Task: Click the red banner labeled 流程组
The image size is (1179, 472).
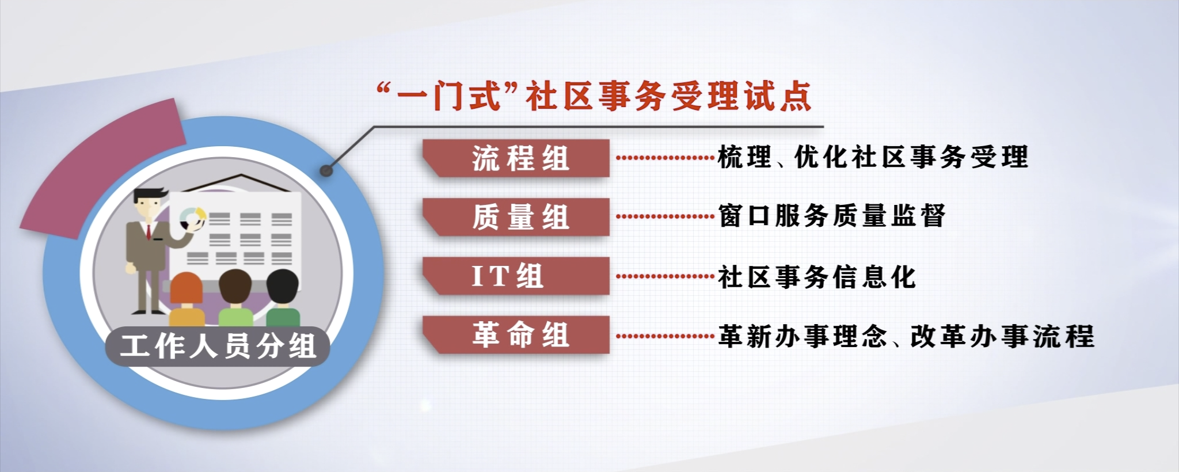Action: pyautogui.click(x=516, y=158)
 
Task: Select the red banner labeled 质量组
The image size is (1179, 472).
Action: pyautogui.click(x=516, y=217)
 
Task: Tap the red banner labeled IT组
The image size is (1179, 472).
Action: pyautogui.click(x=516, y=276)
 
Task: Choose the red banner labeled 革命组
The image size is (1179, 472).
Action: pyautogui.click(x=516, y=334)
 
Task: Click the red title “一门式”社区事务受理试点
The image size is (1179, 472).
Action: pyautogui.click(x=594, y=96)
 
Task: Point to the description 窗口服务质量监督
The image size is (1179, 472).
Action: pyautogui.click(x=831, y=216)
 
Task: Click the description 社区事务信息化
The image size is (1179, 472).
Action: pyautogui.click(x=816, y=276)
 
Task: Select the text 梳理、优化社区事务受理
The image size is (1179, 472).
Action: pyautogui.click(x=873, y=157)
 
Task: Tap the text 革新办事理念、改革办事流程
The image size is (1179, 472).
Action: pyautogui.click(x=906, y=336)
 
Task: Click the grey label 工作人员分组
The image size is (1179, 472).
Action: pyautogui.click(x=218, y=346)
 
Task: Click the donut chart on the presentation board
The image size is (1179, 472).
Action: pyautogui.click(x=192, y=219)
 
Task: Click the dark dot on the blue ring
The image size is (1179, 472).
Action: pyautogui.click(x=326, y=170)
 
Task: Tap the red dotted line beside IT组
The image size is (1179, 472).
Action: pyautogui.click(x=665, y=276)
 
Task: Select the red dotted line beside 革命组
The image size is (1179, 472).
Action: pyautogui.click(x=665, y=336)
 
